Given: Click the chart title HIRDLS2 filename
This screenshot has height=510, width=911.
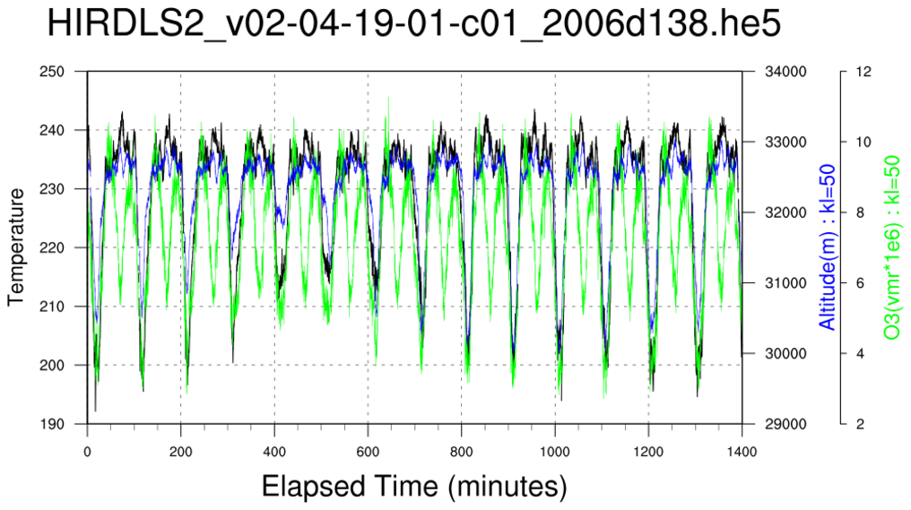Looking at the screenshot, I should coord(413,25).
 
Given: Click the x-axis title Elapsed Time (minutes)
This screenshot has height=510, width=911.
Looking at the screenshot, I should coord(414,486).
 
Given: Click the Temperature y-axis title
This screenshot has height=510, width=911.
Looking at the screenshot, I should coord(15,246).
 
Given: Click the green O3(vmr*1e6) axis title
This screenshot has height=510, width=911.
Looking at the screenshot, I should coord(892,246).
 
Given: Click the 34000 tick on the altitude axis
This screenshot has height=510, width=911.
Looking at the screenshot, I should coord(784,72).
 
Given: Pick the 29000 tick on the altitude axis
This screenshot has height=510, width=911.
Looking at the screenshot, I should coord(784,424).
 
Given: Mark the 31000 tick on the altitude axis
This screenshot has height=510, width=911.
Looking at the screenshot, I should coord(784,283).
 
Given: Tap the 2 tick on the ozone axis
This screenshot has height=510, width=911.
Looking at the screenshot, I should coord(860,424).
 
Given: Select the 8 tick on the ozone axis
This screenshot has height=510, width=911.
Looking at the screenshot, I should coord(860,212).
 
